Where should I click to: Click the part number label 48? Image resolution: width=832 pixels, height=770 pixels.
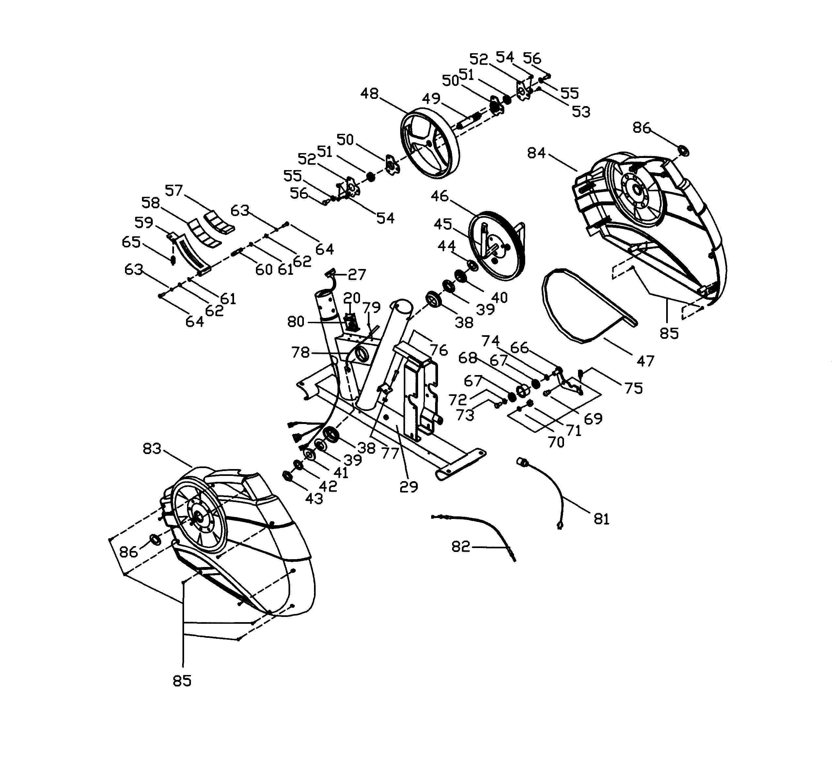(x=369, y=93)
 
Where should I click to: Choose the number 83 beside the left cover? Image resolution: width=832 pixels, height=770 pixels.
(x=152, y=449)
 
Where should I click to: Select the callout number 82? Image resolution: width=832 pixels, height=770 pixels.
(x=460, y=546)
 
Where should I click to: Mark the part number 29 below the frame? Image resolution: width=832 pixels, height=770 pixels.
(x=408, y=486)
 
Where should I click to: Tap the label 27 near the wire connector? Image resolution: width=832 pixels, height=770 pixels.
(x=357, y=274)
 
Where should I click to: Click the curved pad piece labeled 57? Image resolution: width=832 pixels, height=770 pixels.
(x=220, y=221)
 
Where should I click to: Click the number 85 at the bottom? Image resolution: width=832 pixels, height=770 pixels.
(x=182, y=681)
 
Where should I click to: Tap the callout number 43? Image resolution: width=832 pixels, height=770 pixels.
(x=314, y=498)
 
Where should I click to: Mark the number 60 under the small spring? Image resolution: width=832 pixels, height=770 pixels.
(x=264, y=270)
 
